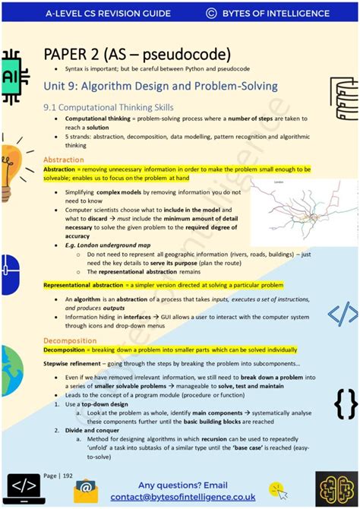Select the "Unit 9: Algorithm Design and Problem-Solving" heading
[160, 86]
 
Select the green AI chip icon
[15, 77]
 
